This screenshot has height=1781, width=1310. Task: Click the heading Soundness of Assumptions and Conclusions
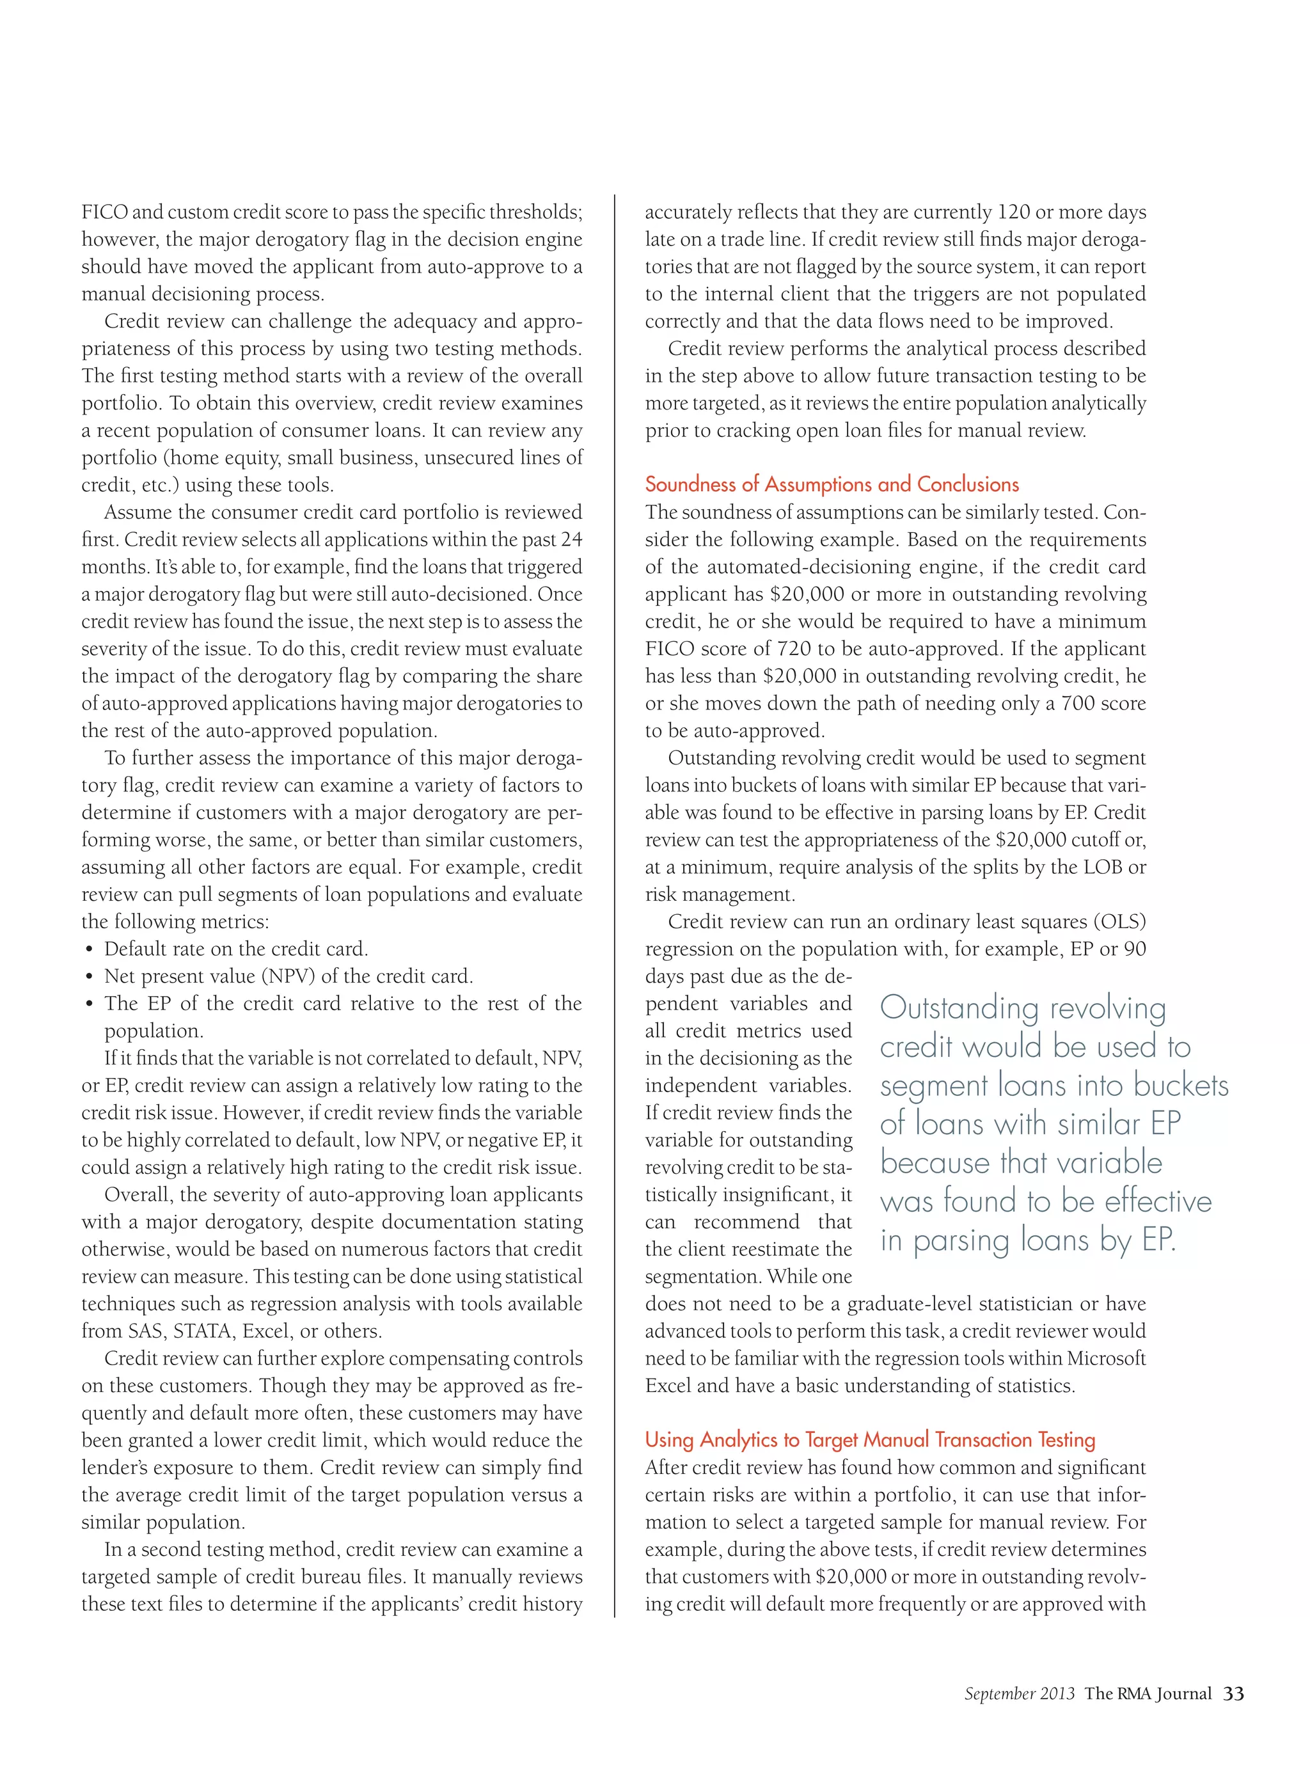coord(832,484)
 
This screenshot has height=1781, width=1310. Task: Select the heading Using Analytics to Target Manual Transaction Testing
coord(870,1439)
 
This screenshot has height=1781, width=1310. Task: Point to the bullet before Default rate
coord(89,950)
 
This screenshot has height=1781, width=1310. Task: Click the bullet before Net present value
coord(89,977)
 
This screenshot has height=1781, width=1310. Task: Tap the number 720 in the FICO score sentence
coord(793,649)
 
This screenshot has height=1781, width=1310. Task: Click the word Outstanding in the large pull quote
coord(959,1009)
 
